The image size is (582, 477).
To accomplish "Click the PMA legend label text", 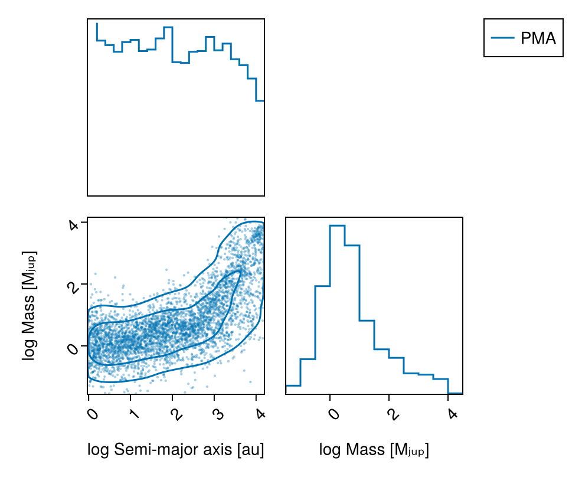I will pos(538,38).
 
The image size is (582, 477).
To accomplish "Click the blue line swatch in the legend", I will pos(502,38).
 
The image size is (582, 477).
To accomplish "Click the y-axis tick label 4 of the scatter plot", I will pos(74,225).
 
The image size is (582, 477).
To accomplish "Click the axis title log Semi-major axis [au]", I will pos(175,450).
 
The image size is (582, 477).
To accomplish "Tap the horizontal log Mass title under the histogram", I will pos(374,450).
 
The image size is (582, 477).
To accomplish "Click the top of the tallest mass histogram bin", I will pos(337,226).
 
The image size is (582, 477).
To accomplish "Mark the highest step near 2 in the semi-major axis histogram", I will pos(168,27).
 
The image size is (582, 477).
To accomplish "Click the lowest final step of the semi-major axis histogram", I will pos(260,101).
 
